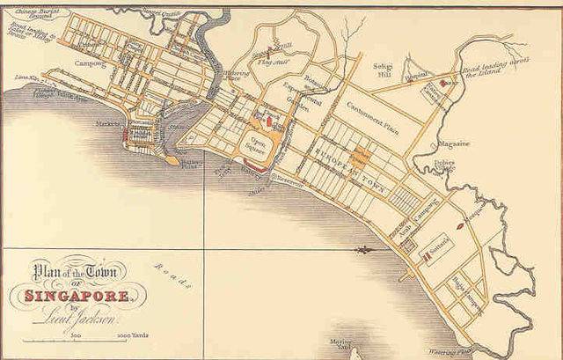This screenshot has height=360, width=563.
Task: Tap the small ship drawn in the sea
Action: (x=362, y=251)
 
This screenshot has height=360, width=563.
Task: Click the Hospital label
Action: (x=415, y=77)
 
